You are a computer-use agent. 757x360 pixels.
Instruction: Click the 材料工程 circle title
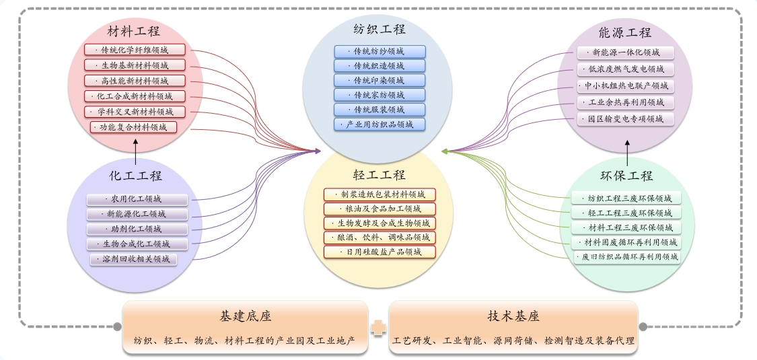134,31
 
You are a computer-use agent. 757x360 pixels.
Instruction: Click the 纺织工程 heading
380,30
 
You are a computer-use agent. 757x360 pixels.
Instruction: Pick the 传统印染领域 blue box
380,81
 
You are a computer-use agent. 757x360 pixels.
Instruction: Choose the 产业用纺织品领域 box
380,125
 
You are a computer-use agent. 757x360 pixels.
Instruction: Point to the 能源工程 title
625,32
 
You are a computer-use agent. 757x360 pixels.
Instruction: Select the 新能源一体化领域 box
625,52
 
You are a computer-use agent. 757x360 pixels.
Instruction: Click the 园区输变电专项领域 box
625,119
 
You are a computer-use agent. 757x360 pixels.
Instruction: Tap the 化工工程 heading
136,176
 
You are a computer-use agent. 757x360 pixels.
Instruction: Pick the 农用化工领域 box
137,199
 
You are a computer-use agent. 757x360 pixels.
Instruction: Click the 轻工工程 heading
380,176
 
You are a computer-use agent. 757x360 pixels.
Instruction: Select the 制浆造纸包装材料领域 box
380,194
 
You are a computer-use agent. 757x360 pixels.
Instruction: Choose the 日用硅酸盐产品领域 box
380,252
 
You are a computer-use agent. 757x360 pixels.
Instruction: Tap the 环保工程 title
626,176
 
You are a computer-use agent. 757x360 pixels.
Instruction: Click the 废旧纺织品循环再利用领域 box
626,256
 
